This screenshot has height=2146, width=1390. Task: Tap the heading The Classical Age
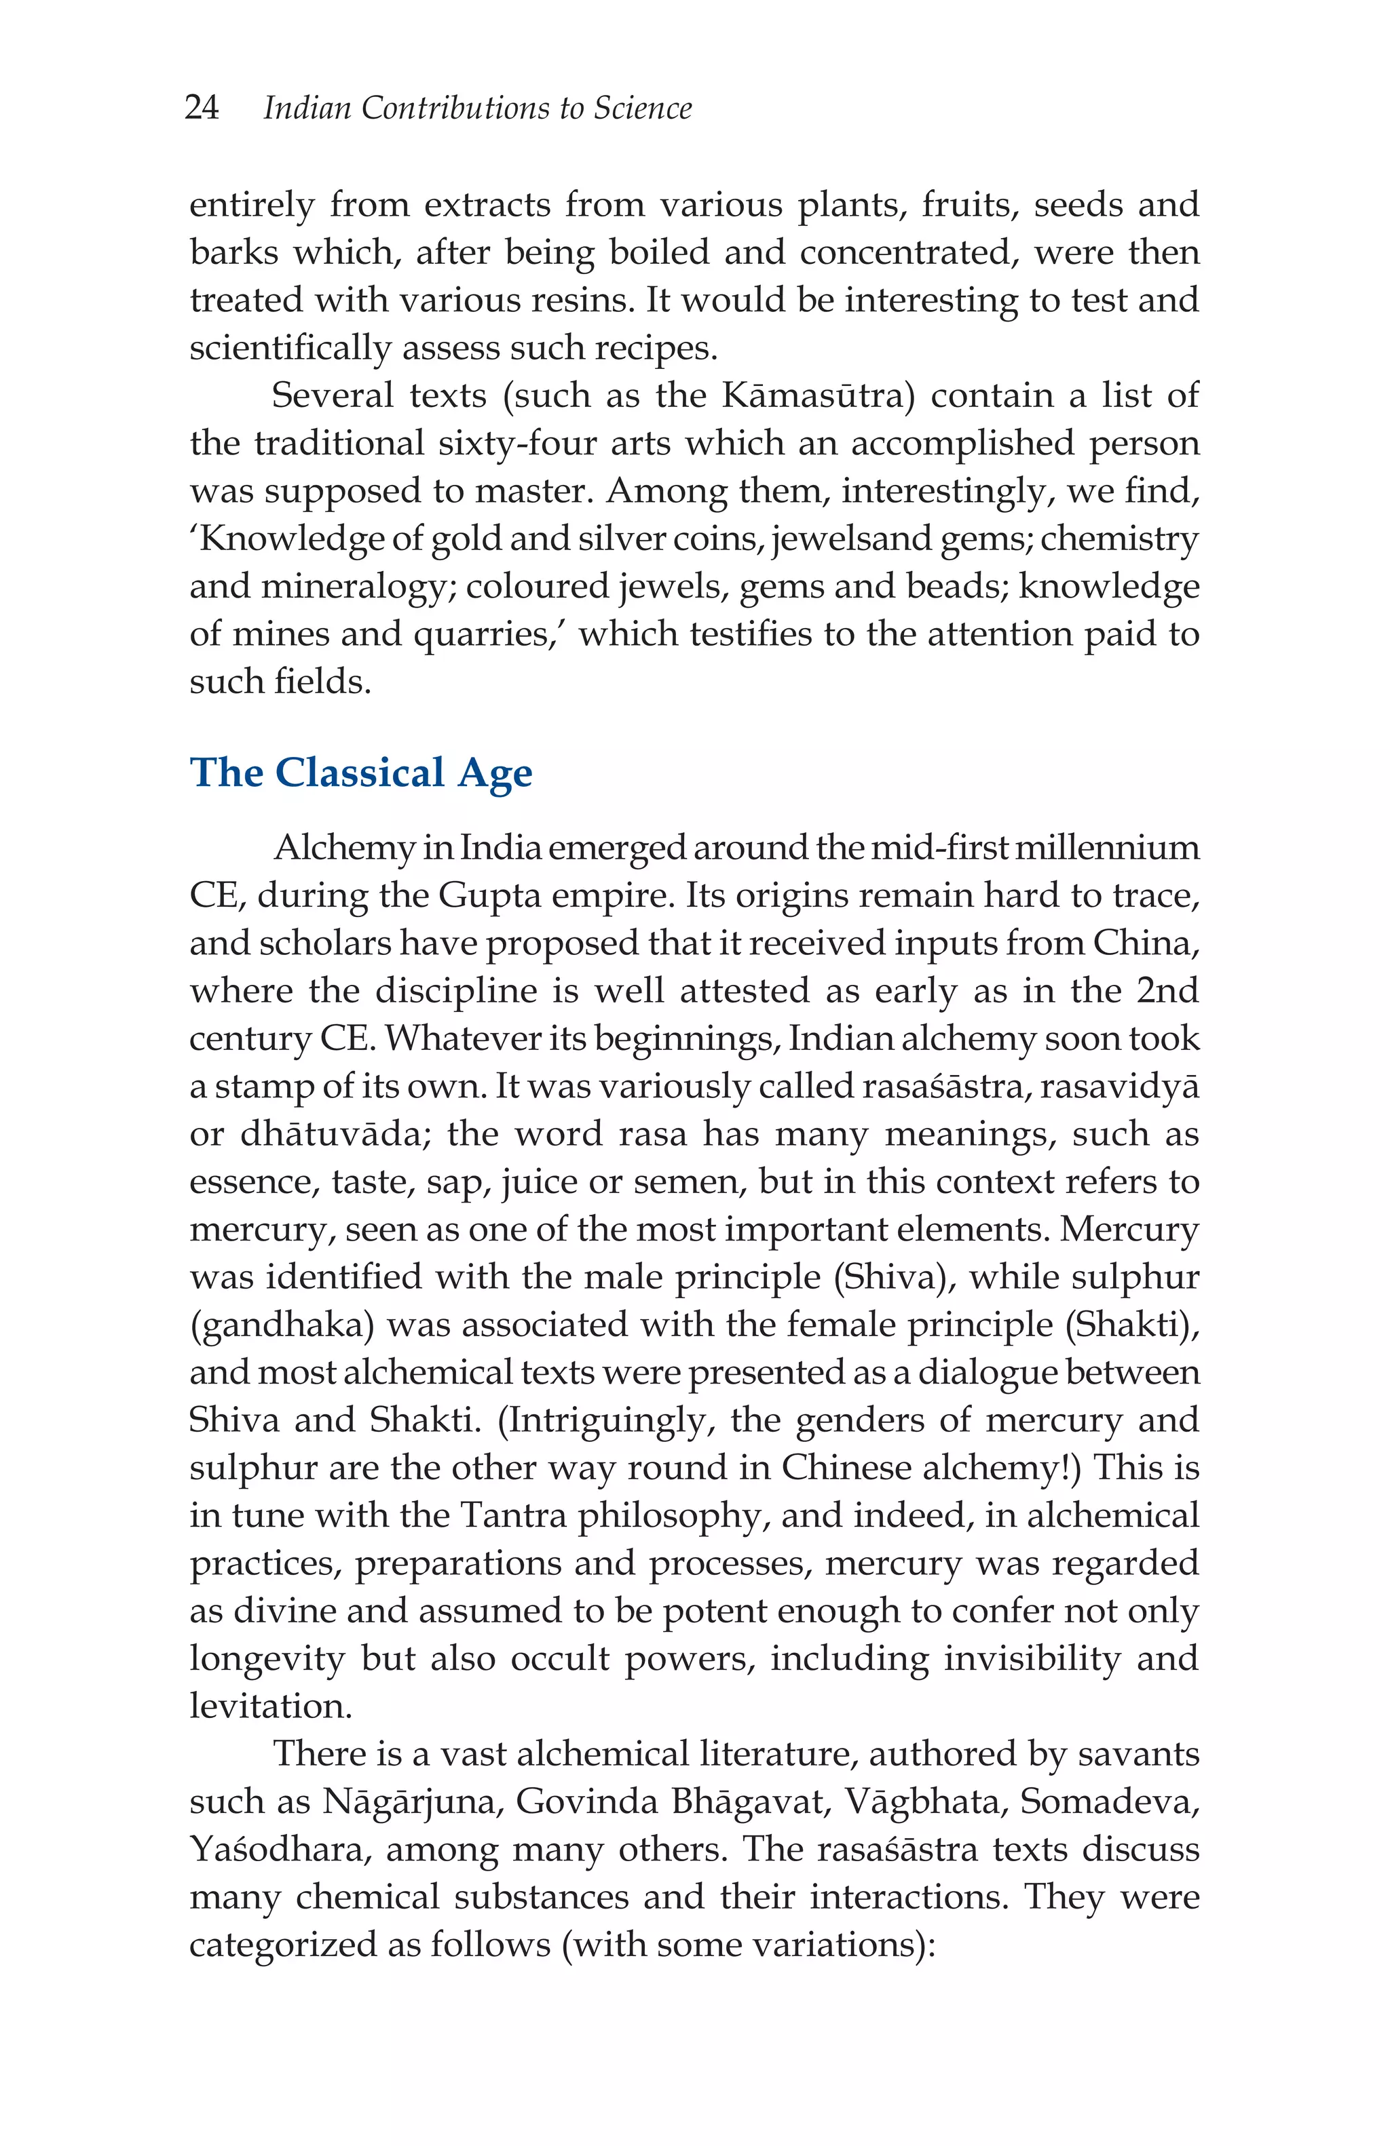point(361,773)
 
